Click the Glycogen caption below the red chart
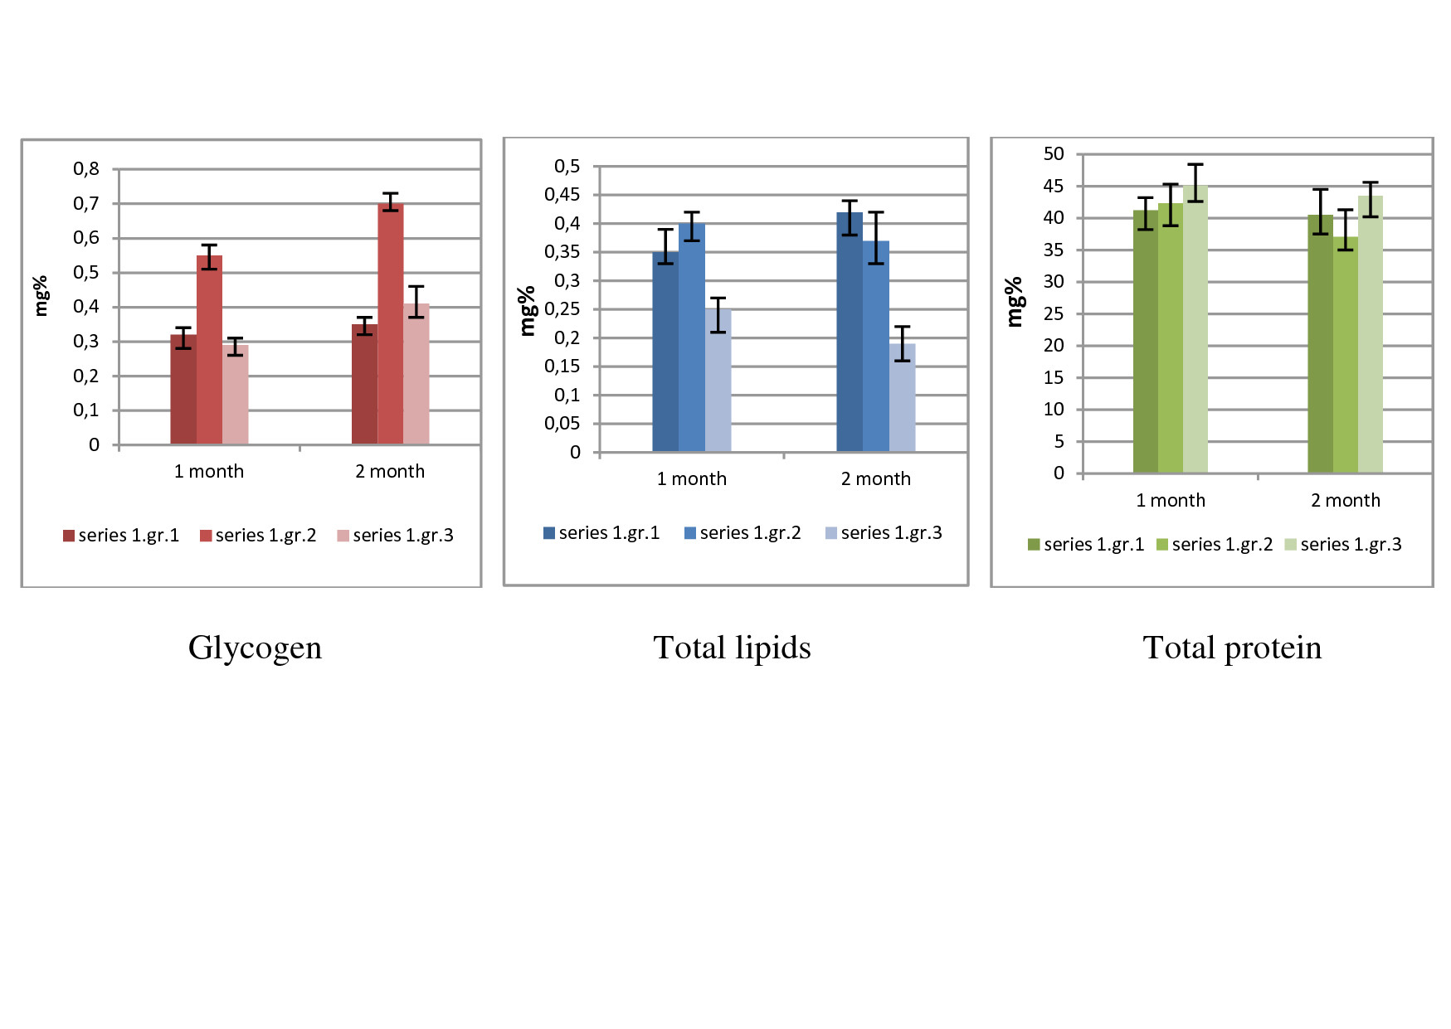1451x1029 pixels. tap(255, 648)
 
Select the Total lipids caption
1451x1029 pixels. tap(732, 648)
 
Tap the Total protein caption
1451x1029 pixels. tap(1232, 648)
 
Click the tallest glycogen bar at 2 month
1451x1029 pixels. tap(391, 323)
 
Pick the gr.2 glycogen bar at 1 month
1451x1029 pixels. tap(209, 350)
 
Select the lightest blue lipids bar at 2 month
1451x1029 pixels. tap(903, 398)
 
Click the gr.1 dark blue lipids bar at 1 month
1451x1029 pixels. tap(665, 352)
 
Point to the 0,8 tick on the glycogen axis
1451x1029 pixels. tap(86, 169)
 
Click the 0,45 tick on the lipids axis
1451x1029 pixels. tap(562, 195)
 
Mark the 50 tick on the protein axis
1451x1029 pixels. tap(1054, 154)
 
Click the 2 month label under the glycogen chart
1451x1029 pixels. tap(390, 471)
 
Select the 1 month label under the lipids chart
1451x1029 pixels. tap(692, 478)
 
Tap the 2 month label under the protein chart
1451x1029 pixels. tap(1346, 500)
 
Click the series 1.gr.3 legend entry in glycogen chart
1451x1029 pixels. tap(396, 536)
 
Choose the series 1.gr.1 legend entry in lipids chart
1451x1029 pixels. tap(601, 533)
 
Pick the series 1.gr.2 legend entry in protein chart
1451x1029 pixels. tap(1215, 545)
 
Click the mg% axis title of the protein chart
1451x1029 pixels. tap(1013, 303)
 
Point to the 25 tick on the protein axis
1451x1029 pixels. tap(1054, 313)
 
